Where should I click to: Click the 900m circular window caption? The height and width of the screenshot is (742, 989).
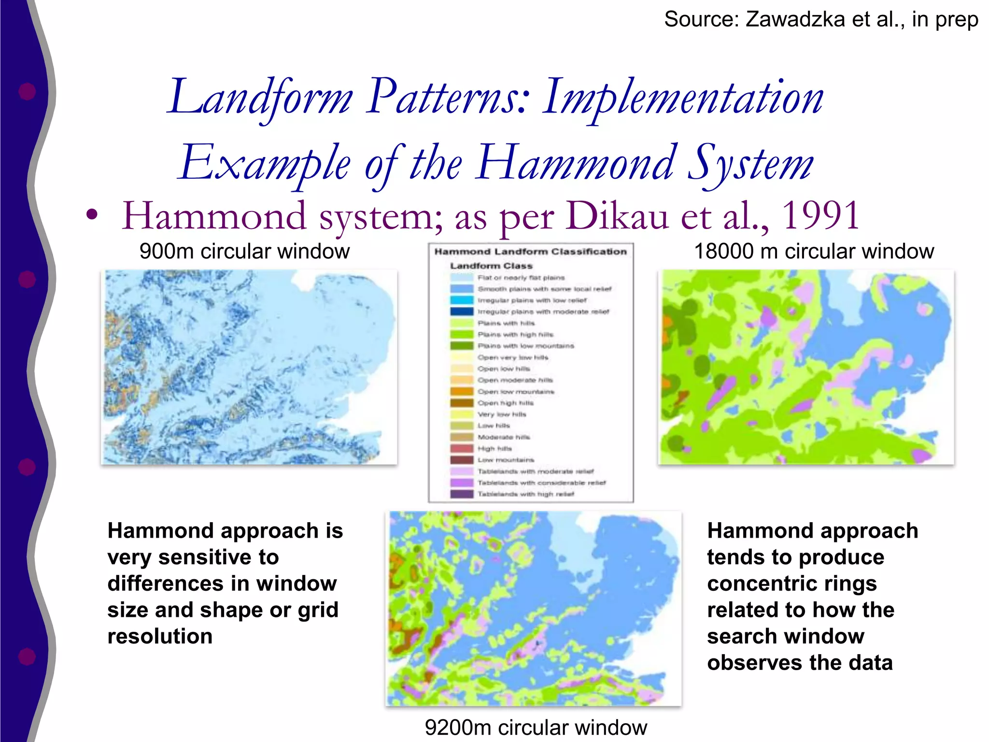coord(244,252)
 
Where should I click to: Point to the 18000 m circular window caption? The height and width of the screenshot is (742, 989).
coord(814,252)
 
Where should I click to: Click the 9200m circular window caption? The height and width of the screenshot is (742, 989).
coord(536,727)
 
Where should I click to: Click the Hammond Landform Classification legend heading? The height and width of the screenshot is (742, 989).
coord(530,252)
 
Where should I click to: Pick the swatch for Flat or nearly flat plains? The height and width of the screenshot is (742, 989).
coord(462,278)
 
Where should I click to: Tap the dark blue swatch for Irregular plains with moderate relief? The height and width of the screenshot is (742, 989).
coord(462,312)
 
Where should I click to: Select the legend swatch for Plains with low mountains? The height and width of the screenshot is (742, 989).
coord(462,346)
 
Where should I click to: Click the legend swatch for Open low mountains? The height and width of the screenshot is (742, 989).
coord(462,392)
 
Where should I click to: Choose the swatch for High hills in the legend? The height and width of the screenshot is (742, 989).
coord(462,449)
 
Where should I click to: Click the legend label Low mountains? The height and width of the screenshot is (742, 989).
coord(506,460)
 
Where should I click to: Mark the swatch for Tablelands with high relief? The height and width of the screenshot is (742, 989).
coord(462,494)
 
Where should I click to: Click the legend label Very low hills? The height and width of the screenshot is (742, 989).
coord(502,414)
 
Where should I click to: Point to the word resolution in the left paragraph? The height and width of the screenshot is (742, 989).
coord(160,637)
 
